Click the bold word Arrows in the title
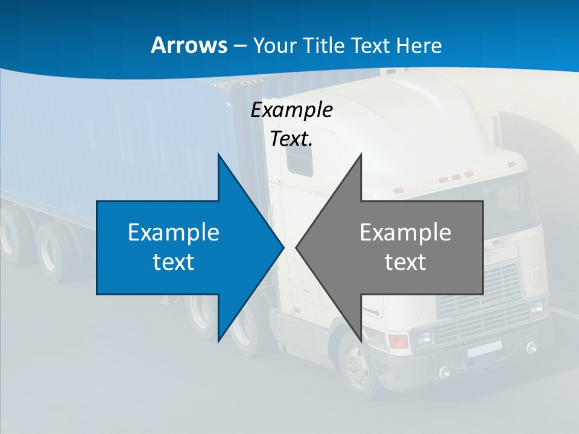click(x=188, y=45)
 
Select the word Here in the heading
click(x=420, y=45)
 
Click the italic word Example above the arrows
click(x=291, y=110)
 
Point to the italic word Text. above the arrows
click(x=291, y=139)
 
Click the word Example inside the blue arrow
click(x=174, y=232)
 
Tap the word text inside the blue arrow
click(x=174, y=262)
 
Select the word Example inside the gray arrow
click(x=405, y=232)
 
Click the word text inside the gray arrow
click(x=405, y=262)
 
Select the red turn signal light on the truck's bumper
click(x=398, y=341)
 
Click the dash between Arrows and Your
click(x=239, y=46)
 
